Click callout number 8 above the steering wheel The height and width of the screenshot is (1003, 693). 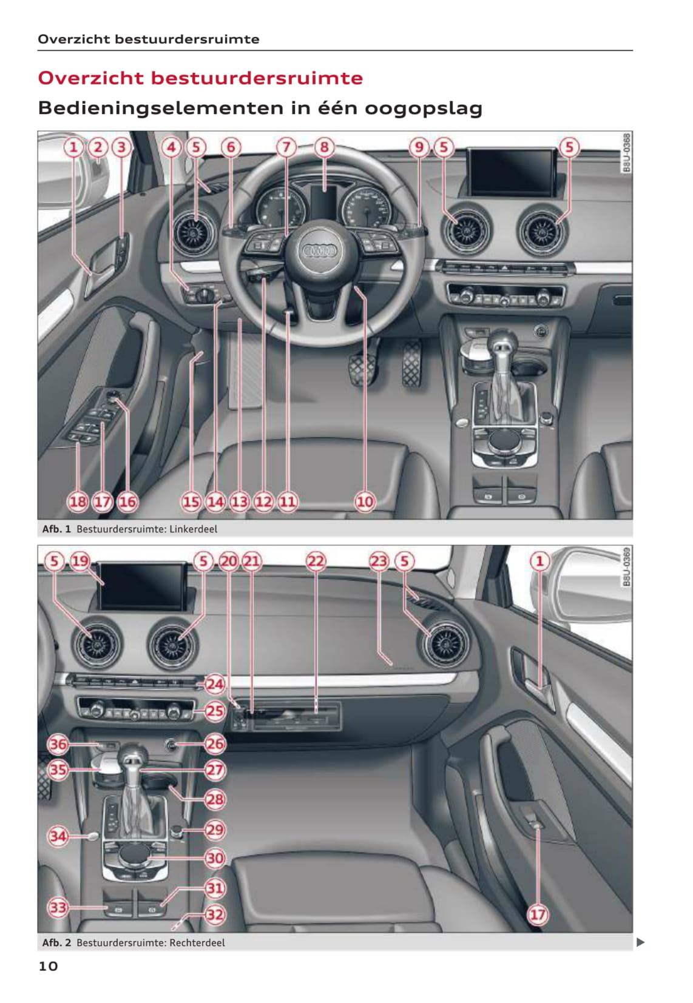[x=324, y=147]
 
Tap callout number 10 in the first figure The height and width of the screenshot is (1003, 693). [x=364, y=501]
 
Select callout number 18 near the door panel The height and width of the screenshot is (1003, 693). [x=78, y=501]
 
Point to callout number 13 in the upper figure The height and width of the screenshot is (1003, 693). [x=239, y=501]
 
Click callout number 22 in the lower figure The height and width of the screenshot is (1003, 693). [x=316, y=560]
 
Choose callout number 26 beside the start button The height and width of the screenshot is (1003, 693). [x=215, y=743]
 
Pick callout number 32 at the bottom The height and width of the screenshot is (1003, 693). [x=215, y=914]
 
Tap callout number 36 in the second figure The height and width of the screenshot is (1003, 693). [x=58, y=744]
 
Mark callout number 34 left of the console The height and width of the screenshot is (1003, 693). [x=58, y=836]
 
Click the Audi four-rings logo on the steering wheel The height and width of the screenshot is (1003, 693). [x=319, y=251]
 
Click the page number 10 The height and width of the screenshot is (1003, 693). [x=48, y=966]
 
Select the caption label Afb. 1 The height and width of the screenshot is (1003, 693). [x=56, y=529]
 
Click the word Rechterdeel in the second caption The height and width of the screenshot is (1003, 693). [x=197, y=942]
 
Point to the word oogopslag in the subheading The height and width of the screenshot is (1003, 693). [x=424, y=109]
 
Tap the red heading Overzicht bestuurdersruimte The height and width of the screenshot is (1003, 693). [x=200, y=78]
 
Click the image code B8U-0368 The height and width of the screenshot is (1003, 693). [x=627, y=152]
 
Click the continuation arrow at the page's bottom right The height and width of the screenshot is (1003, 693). [x=641, y=942]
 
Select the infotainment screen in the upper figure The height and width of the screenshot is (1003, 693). [x=511, y=172]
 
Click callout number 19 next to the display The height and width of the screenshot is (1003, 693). [x=80, y=560]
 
